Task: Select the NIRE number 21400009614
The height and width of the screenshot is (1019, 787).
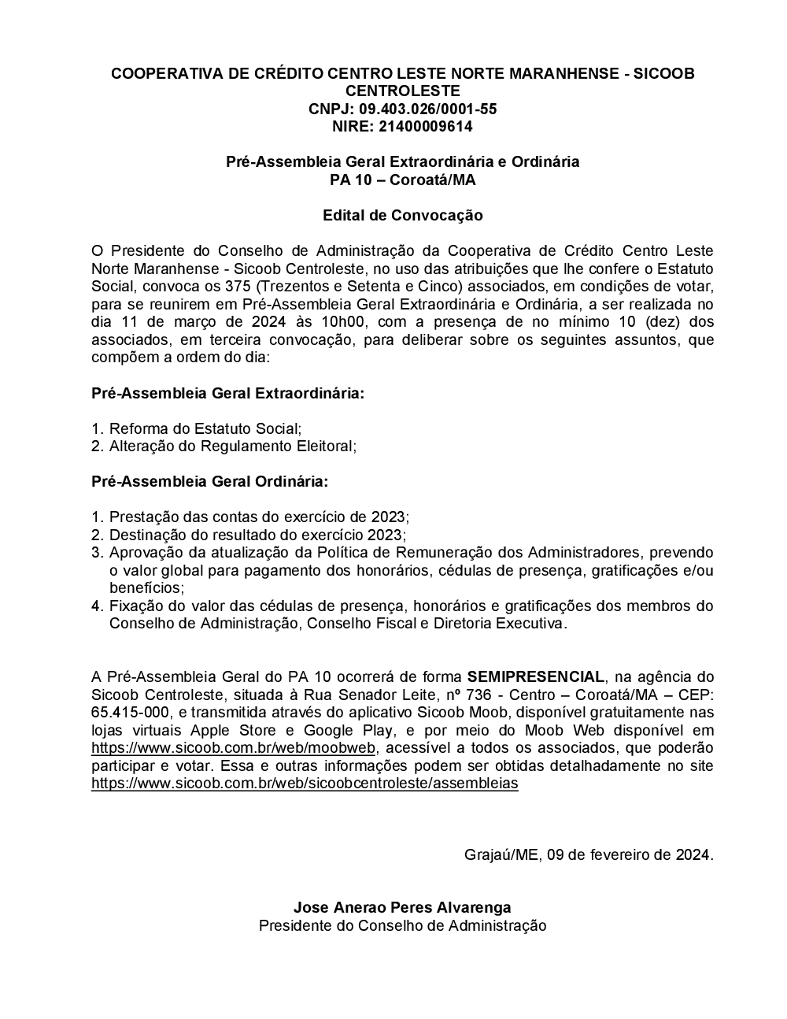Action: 425,126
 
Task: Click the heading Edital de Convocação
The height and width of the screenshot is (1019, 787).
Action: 402,215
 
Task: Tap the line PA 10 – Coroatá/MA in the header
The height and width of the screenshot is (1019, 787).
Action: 402,180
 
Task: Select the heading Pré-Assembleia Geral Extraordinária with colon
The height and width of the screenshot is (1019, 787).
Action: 228,392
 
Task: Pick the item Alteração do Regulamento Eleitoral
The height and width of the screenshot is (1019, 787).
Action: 232,446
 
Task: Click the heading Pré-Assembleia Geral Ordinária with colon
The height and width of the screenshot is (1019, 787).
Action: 210,481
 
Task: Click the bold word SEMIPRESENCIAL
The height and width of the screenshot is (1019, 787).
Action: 536,676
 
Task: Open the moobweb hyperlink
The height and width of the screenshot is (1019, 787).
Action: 235,748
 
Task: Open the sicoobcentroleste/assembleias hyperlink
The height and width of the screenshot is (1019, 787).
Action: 305,784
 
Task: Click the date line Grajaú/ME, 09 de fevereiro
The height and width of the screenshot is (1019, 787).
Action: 589,854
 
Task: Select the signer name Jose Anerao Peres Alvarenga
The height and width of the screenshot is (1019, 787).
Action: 402,908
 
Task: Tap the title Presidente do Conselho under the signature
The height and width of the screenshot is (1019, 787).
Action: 402,926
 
